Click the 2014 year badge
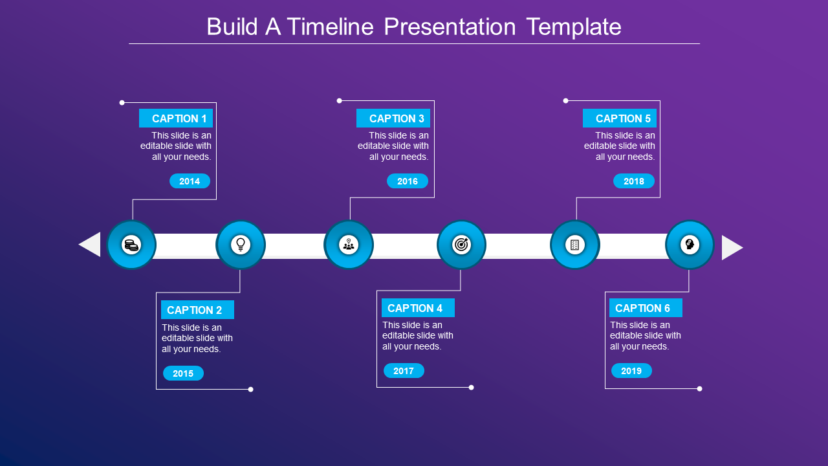190,181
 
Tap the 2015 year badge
183,373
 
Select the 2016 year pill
408,181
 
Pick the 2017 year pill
404,371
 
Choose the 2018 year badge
634,181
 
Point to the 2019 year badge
631,371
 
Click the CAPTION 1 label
176,118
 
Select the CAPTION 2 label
197,310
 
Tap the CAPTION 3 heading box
393,118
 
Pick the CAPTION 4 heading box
418,308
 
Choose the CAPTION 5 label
620,118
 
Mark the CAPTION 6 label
646,308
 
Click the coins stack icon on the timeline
131,245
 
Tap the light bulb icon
241,245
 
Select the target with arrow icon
461,245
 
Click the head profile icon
690,245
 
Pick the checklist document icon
574,245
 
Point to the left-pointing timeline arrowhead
91,245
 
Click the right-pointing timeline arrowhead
731,247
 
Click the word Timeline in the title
331,27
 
